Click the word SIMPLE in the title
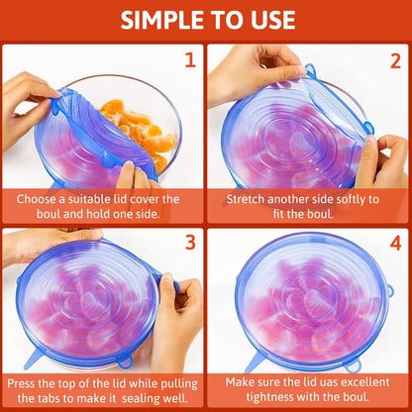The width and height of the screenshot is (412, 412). tap(158, 20)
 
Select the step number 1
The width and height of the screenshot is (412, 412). tap(189, 60)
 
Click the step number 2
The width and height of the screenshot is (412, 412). tap(394, 60)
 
